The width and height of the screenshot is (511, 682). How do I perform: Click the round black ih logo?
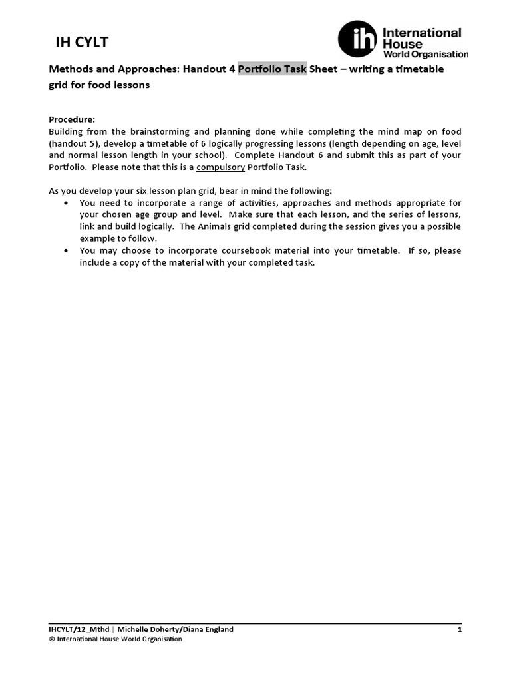(357, 39)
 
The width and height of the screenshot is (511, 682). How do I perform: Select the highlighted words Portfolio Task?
(272, 69)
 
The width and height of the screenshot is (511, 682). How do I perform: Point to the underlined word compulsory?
(221, 166)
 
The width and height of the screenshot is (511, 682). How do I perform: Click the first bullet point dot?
(65, 203)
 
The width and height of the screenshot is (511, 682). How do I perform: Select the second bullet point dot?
(65, 251)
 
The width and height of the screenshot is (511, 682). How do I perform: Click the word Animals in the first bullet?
(207, 226)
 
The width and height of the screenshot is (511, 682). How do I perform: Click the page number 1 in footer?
(459, 629)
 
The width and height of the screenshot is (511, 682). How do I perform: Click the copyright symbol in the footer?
(53, 639)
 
